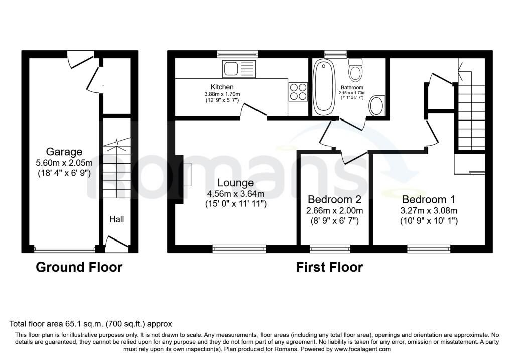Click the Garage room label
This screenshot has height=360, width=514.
[64, 152]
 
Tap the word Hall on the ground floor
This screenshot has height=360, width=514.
[116, 219]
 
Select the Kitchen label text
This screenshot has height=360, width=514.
[222, 87]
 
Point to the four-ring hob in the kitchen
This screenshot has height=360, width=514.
[298, 92]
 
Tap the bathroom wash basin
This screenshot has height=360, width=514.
[376, 105]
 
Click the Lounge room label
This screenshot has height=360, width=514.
[236, 183]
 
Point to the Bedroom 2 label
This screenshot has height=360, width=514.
[334, 199]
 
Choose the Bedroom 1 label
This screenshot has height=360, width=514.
[429, 199]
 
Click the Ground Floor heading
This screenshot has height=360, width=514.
[79, 267]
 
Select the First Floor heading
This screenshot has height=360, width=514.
[329, 267]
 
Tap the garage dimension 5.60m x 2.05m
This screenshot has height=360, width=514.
[64, 163]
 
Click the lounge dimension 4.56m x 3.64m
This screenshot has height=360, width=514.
[236, 194]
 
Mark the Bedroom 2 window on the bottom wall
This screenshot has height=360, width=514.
[330, 249]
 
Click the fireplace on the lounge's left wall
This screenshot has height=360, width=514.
[180, 179]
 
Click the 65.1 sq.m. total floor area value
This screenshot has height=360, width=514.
[83, 324]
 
